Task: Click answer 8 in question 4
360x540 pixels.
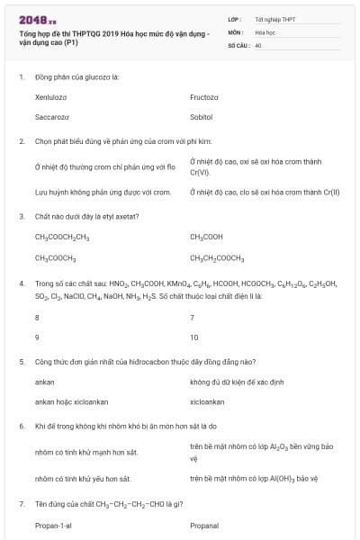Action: click(x=37, y=318)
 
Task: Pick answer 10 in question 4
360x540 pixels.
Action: click(x=194, y=337)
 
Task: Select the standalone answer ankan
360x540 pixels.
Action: click(x=45, y=382)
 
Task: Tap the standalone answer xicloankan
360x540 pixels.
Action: click(x=207, y=401)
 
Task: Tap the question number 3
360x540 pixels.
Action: click(x=22, y=216)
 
